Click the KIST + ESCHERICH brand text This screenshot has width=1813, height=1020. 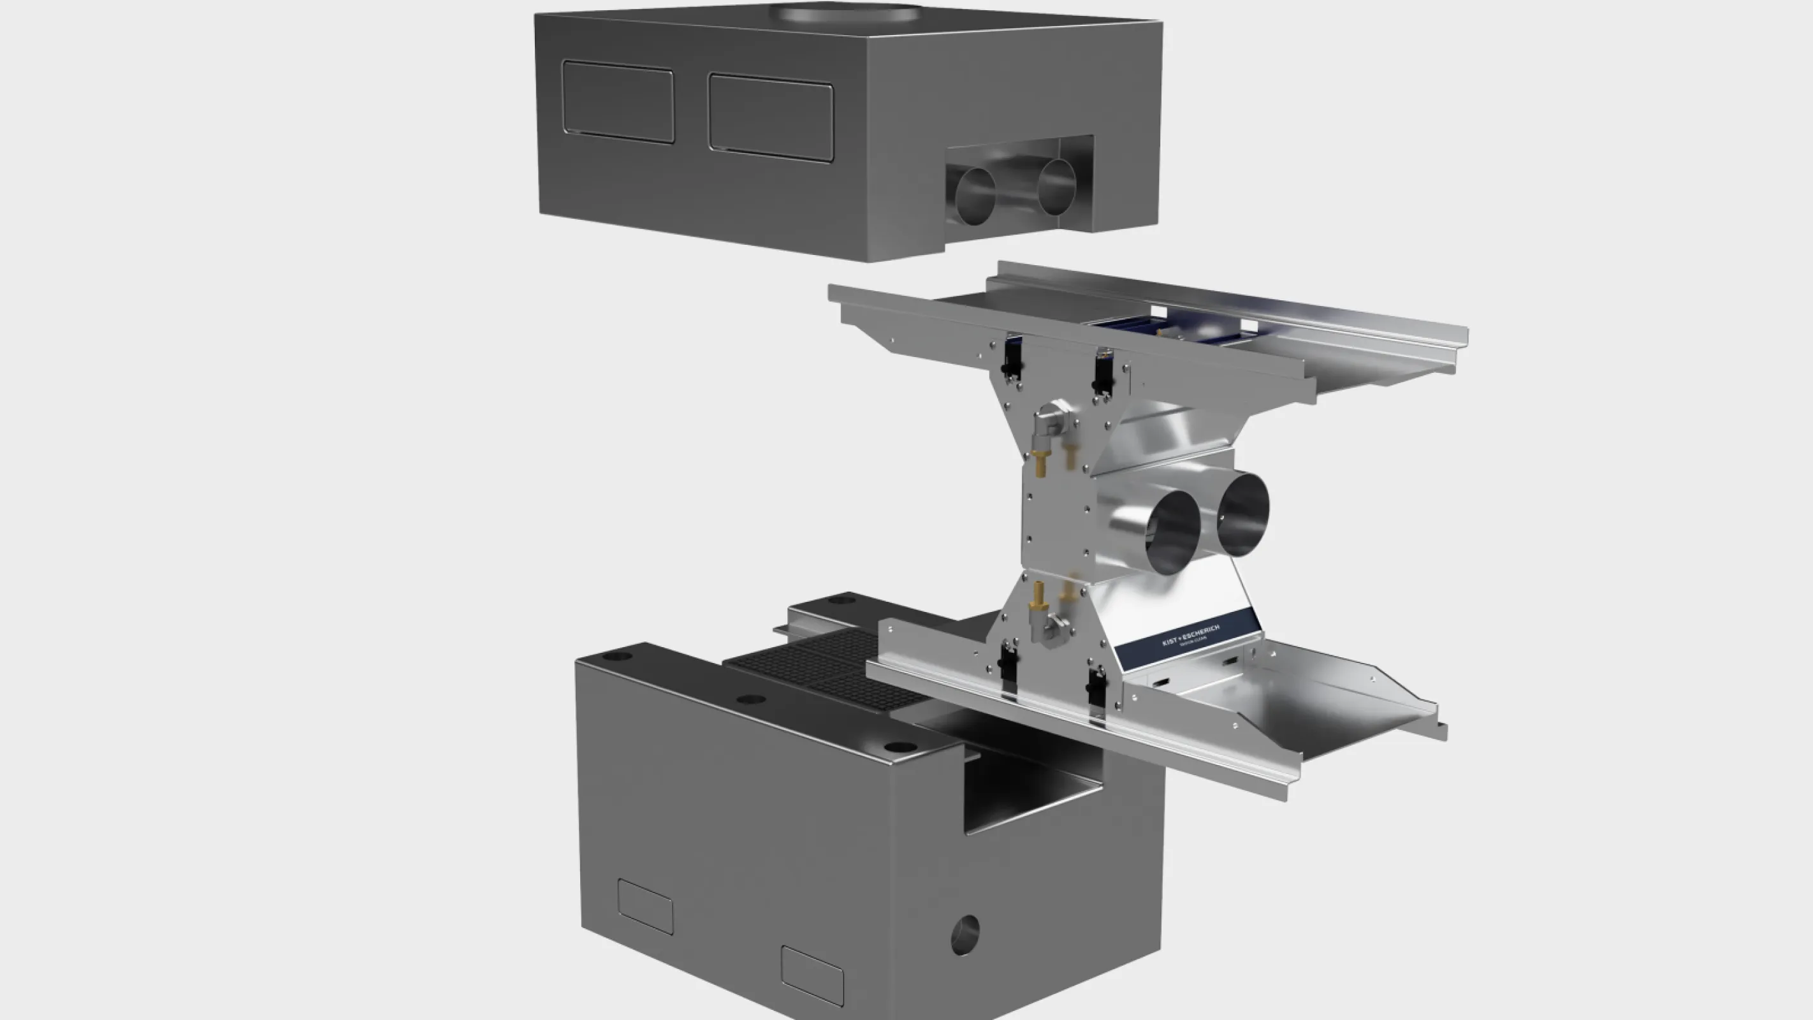coord(1190,634)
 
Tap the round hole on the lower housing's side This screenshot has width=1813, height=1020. coord(965,935)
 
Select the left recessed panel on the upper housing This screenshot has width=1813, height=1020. coord(618,101)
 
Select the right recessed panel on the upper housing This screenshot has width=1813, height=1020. coord(771,117)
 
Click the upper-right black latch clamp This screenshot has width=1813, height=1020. coord(1102,374)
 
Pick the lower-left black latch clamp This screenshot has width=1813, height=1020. coord(1008,665)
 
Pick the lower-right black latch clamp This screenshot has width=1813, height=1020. coord(1096,688)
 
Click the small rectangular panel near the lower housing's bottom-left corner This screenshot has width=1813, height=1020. coord(644,907)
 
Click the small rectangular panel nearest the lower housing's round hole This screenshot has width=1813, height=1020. coord(812,975)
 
